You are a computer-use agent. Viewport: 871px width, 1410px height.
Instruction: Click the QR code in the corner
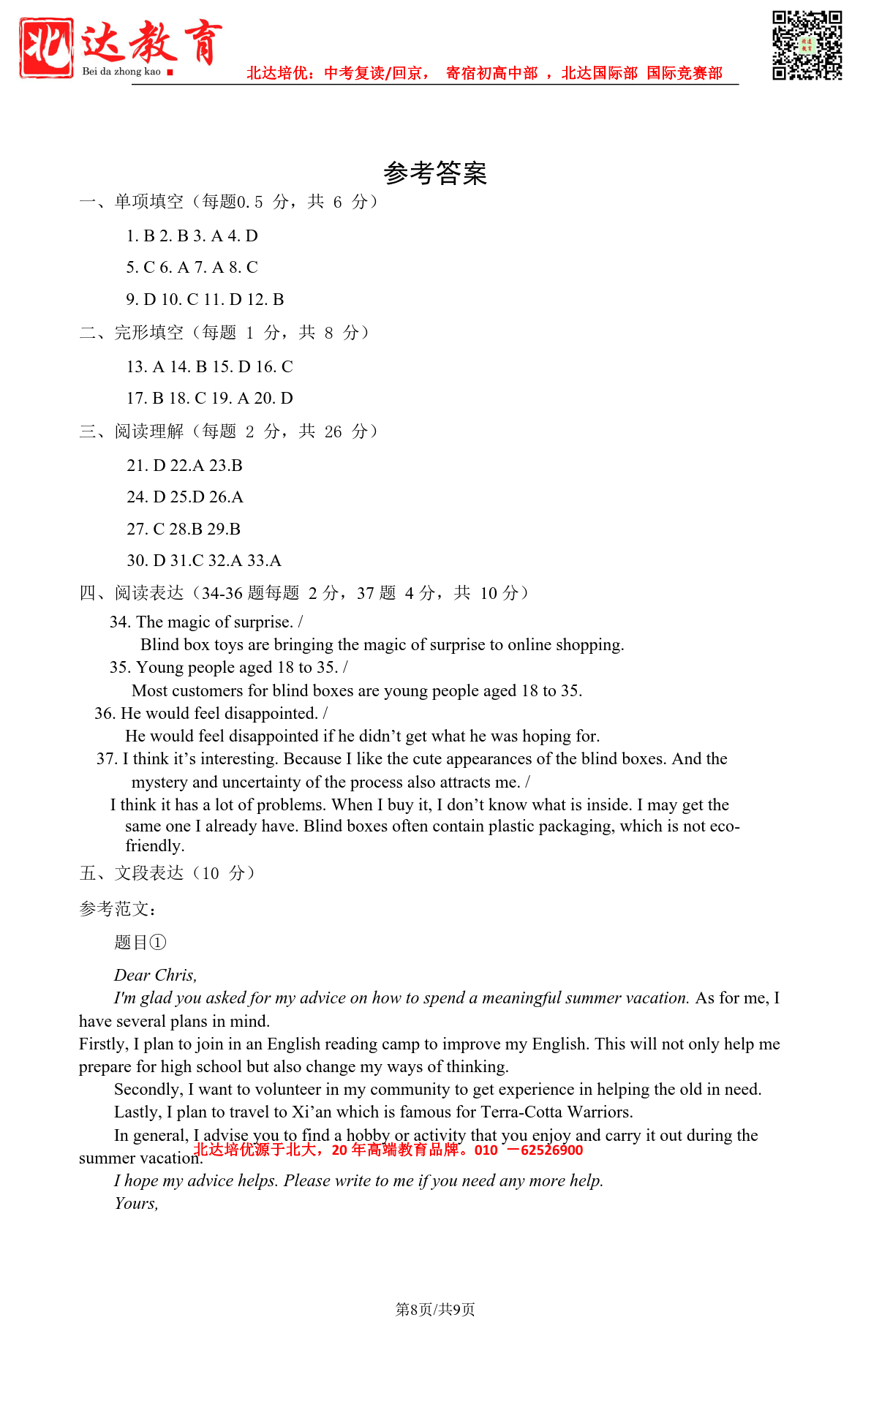tap(807, 45)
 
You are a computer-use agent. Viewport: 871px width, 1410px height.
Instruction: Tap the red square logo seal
tap(46, 48)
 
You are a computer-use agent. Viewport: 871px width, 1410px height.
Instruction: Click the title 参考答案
tap(435, 173)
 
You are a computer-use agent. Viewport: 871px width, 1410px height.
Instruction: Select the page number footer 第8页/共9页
tap(435, 1309)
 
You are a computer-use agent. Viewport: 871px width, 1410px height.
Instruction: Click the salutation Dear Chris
tap(155, 975)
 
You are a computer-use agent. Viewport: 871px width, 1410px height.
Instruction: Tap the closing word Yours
tap(136, 1203)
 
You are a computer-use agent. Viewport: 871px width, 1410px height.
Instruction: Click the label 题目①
tap(140, 942)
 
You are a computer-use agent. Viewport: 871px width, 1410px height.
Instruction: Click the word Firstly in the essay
tap(103, 1044)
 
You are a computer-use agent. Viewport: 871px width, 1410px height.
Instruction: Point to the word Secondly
tap(148, 1089)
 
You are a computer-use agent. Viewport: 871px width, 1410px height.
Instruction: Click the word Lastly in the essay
tap(137, 1112)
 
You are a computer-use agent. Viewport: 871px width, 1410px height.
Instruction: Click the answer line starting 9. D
tap(205, 299)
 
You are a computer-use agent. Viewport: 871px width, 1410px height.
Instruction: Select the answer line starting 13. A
tap(209, 366)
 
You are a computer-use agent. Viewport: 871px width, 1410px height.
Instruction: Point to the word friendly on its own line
tap(154, 845)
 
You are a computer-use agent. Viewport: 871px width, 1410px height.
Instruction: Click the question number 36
tap(105, 713)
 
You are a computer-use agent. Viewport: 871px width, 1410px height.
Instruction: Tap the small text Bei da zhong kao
tap(121, 72)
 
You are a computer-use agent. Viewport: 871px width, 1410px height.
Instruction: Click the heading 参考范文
tap(117, 909)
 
